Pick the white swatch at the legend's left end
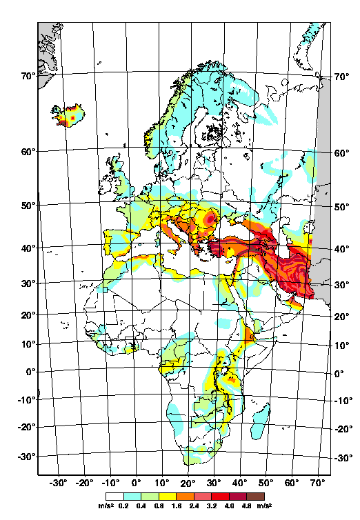coord(112,496)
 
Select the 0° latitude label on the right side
coord(339,374)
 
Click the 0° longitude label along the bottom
coord(137,483)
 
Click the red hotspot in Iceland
coord(73,118)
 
